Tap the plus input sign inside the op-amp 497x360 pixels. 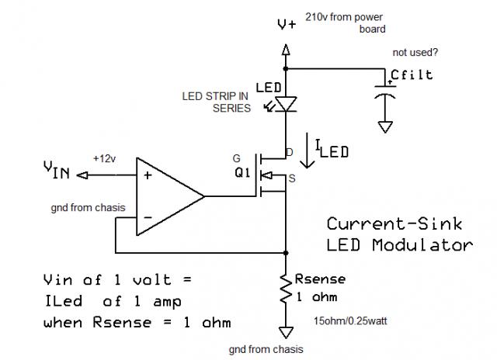point(147,175)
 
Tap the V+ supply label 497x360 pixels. point(287,25)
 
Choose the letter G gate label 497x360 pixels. point(236,158)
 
